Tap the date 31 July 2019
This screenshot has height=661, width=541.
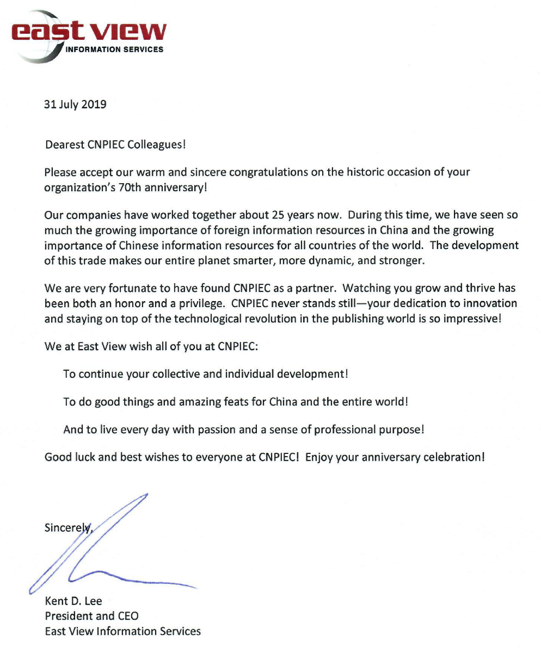click(x=75, y=104)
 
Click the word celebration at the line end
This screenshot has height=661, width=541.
click(x=455, y=457)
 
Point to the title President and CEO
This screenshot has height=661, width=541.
click(x=91, y=616)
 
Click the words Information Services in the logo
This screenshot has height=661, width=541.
click(x=114, y=49)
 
